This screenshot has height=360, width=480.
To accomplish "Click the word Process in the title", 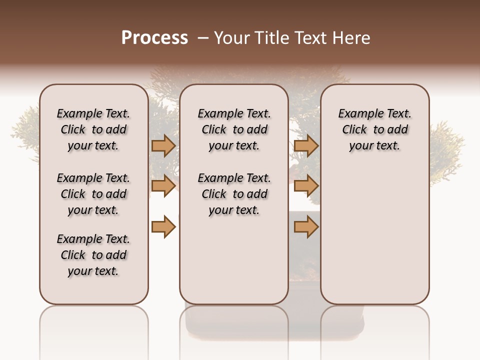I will pos(154,38).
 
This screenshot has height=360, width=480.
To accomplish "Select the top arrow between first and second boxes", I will pos(163,146).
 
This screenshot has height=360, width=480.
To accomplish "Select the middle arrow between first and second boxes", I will pos(163,186).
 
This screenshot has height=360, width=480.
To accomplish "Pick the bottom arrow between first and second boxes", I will pos(163,227).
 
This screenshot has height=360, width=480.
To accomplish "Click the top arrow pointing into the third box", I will pos(306,146).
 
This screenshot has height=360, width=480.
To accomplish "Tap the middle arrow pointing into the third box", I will pos(306,186).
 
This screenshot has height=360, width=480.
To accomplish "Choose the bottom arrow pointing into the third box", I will pos(306,227).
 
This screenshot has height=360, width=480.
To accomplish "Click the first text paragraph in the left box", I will pos(93,129).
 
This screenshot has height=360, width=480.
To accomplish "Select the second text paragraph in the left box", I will pos(93,194).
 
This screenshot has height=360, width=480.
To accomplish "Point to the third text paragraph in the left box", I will pos(93,255).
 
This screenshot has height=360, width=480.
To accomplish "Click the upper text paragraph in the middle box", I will pos(234,129).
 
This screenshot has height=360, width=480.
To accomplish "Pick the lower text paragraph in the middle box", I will pos(234,194).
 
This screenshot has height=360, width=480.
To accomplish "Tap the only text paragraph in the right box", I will pos(374,129).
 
